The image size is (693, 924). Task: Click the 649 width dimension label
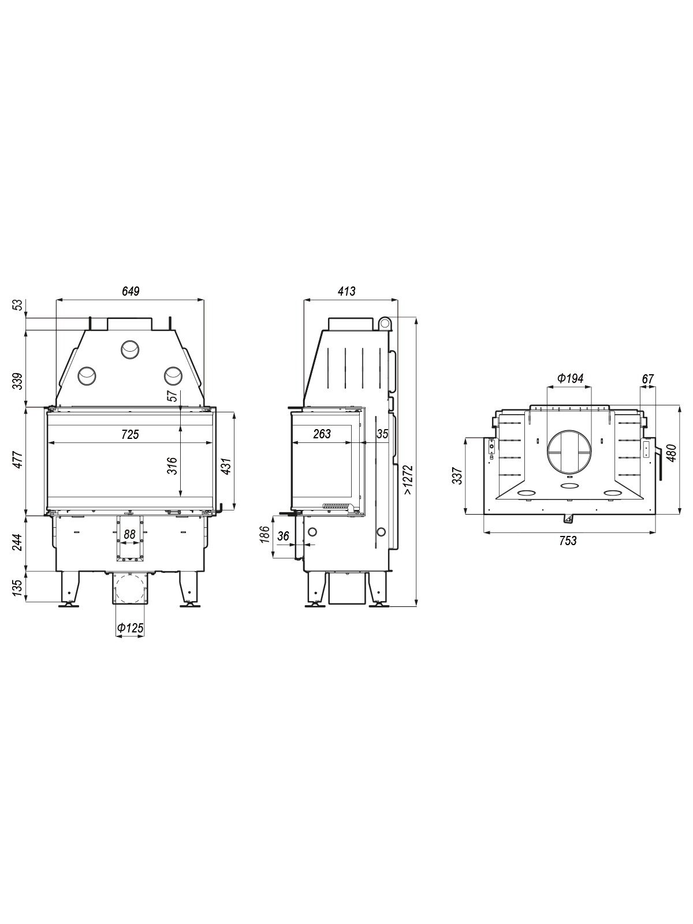tap(131, 291)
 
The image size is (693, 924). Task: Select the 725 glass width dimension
tap(129, 434)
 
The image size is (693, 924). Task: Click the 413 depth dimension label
tap(346, 291)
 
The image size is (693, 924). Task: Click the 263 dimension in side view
tap(322, 434)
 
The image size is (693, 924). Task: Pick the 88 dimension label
tap(129, 535)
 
